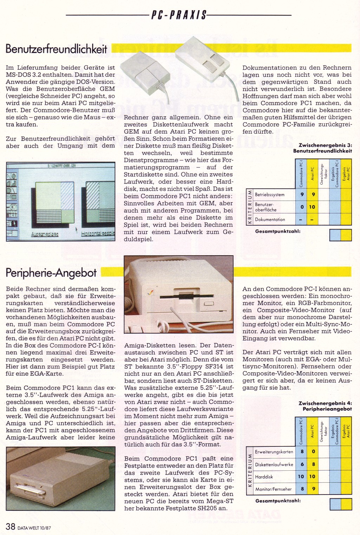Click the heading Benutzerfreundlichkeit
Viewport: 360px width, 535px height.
(56, 49)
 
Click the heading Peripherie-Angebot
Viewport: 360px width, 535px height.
(51, 272)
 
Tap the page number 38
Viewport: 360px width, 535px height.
(11, 526)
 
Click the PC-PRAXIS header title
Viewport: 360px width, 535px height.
(179, 15)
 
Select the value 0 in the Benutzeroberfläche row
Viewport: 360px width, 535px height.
(302, 207)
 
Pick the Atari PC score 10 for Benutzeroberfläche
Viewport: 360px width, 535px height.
(312, 207)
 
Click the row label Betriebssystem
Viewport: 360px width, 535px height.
(270, 194)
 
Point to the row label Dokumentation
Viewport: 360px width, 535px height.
(270, 219)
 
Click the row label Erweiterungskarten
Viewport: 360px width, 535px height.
(274, 452)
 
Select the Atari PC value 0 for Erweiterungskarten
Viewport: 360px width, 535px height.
(313, 452)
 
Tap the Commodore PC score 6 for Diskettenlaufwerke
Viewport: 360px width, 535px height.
(302, 464)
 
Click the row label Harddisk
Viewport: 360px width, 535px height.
(264, 477)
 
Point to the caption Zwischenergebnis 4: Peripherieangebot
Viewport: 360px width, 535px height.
(324, 406)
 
